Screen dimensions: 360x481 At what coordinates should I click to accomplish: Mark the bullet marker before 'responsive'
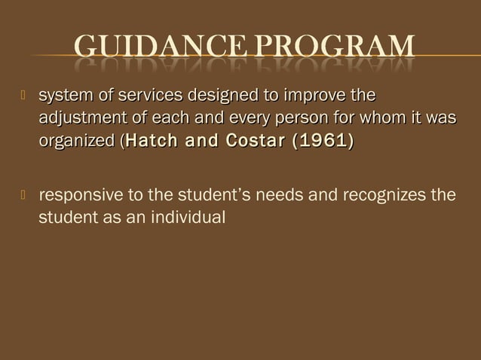[x=23, y=197]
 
